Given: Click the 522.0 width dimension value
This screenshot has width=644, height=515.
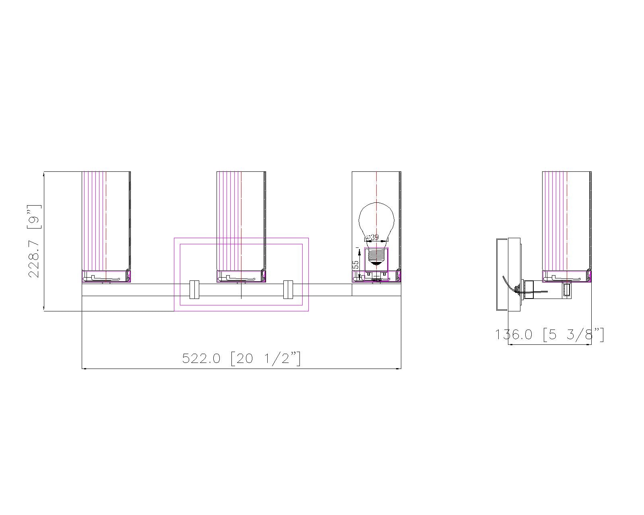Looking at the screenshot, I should (201, 358).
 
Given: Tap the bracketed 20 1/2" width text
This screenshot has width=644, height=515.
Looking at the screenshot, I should (266, 358).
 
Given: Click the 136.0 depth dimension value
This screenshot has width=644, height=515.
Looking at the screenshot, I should (514, 335).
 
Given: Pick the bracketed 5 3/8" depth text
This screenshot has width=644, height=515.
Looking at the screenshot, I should (573, 335).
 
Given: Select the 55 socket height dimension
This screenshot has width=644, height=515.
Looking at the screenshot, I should (355, 265).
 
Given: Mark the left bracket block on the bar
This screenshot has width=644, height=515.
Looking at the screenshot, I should (194, 290).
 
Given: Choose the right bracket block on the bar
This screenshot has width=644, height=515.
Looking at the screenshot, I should (288, 290).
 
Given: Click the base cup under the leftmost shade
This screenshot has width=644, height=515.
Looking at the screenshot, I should (106, 276).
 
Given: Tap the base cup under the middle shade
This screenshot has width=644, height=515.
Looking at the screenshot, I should (241, 276).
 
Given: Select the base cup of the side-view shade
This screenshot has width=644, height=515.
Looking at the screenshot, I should (567, 276).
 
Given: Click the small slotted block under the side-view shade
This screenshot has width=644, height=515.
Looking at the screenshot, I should (566, 290).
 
